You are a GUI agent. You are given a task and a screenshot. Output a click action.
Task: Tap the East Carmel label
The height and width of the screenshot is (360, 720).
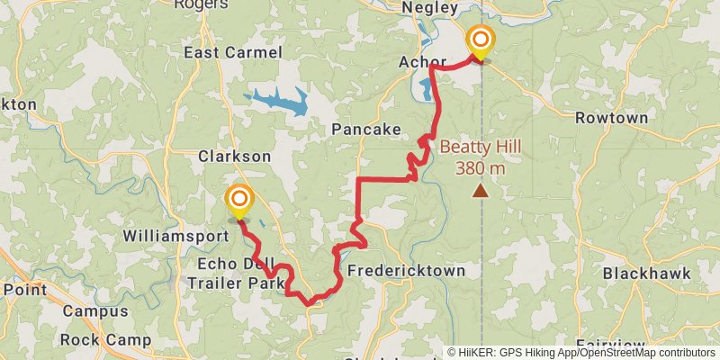pyautogui.click(x=233, y=53)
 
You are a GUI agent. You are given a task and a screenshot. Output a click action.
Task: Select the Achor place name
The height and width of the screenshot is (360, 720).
pyautogui.click(x=422, y=62)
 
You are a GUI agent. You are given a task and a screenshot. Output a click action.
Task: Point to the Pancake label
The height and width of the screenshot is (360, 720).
pyautogui.click(x=366, y=130)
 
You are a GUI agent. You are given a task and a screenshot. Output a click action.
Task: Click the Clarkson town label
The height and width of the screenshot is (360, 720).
pyautogui.click(x=234, y=156)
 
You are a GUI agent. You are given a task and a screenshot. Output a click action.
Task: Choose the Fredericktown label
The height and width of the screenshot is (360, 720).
pyautogui.click(x=407, y=271)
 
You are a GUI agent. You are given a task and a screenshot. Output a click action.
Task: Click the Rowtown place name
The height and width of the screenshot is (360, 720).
pyautogui.click(x=612, y=118)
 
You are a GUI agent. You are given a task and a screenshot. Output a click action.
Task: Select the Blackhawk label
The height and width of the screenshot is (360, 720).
pyautogui.click(x=646, y=273)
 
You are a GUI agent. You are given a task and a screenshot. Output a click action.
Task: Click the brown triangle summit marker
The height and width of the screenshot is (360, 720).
pyautogui.click(x=481, y=191)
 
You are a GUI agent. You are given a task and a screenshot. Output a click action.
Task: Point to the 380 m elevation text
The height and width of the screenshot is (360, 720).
pyautogui.click(x=481, y=168)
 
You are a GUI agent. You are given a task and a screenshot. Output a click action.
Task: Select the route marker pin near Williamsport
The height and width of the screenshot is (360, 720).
pyautogui.click(x=239, y=201)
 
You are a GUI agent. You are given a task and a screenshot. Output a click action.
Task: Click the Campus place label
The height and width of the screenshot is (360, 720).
pyautogui.click(x=96, y=312)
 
